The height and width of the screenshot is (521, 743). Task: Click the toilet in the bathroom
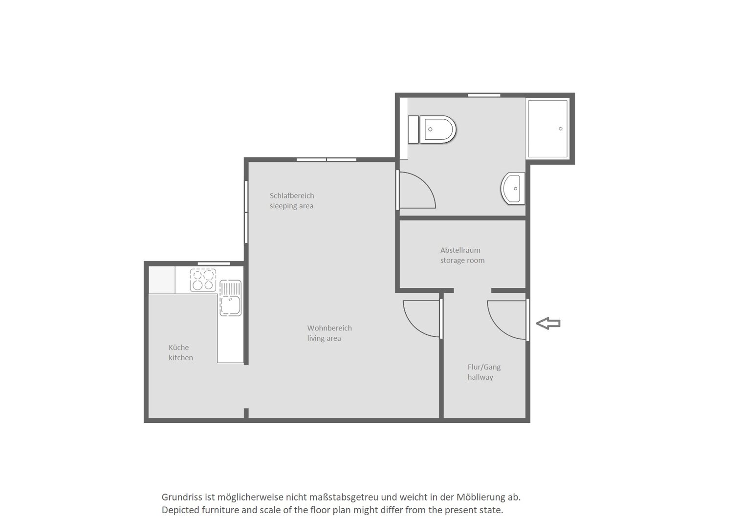(x=432, y=130)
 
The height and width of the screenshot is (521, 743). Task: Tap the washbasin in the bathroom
(x=513, y=188)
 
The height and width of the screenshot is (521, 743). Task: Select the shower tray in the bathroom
(x=547, y=129)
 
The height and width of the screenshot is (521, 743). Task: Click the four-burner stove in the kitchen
(x=203, y=280)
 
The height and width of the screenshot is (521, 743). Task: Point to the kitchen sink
(x=231, y=298)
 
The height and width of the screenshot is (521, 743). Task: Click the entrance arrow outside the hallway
(x=548, y=324)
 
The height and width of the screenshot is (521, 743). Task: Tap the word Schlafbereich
(x=291, y=195)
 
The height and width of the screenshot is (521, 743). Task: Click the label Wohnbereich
(x=329, y=328)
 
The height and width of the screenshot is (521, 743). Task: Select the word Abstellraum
(x=460, y=250)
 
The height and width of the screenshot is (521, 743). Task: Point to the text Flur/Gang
(x=484, y=367)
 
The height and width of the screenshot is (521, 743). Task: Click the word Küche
(x=178, y=347)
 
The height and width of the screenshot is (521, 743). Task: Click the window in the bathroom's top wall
(x=484, y=95)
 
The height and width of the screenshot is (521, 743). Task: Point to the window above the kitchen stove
(x=214, y=263)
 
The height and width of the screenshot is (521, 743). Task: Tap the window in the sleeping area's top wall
(x=327, y=160)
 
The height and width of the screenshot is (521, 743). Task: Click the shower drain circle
(x=561, y=129)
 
